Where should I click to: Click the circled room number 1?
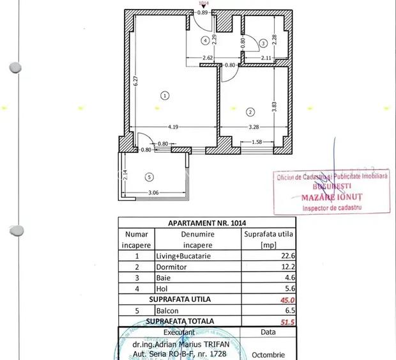165,96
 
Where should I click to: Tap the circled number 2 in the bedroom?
249,112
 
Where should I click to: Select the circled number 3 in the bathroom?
263,43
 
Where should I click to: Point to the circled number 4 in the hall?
205,40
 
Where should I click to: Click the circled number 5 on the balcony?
149,177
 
